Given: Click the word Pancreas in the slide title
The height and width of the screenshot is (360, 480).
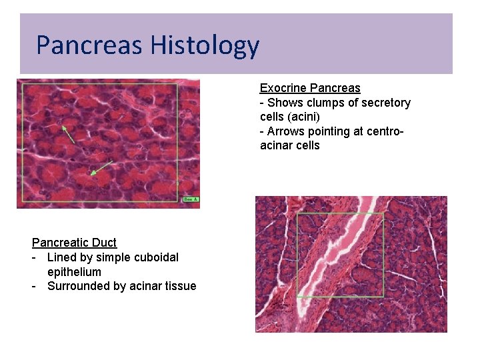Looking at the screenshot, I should [x=89, y=45].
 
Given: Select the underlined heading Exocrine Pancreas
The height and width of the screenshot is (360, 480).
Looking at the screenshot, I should [x=310, y=88].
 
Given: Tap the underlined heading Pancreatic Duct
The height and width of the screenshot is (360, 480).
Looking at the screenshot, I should [x=74, y=243].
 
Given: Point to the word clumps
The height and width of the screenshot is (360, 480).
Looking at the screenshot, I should [x=327, y=103].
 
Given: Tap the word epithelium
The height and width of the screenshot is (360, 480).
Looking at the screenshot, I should [x=74, y=272].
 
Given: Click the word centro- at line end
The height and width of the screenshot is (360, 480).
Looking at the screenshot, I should [x=383, y=131].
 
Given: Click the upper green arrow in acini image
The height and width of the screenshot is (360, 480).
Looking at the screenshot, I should [x=67, y=133].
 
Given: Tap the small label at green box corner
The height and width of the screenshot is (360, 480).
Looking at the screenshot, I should [x=191, y=199].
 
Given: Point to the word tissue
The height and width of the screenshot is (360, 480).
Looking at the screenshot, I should [x=181, y=286].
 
